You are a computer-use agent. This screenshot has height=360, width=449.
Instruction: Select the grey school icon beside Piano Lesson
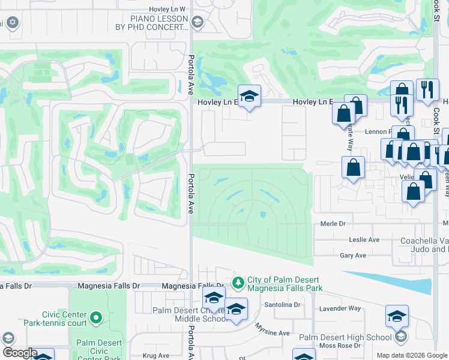click(197, 23)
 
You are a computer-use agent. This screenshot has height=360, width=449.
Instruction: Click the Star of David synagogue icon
click(13, 23)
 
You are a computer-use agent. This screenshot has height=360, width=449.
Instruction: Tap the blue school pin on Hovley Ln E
click(249, 96)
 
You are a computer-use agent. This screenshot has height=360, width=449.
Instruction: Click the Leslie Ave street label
click(364, 239)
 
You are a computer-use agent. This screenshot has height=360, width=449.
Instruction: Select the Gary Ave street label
click(353, 255)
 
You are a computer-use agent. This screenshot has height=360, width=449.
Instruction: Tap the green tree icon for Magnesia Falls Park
click(238, 281)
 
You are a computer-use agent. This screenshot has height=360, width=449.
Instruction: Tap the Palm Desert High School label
click(346, 338)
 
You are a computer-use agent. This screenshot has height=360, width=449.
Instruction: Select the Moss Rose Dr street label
click(340, 346)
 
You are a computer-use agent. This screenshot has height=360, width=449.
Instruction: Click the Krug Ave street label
click(156, 356)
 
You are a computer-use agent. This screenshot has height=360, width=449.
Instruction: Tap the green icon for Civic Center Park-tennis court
click(95, 316)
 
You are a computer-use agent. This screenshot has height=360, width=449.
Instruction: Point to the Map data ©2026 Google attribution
click(412, 355)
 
